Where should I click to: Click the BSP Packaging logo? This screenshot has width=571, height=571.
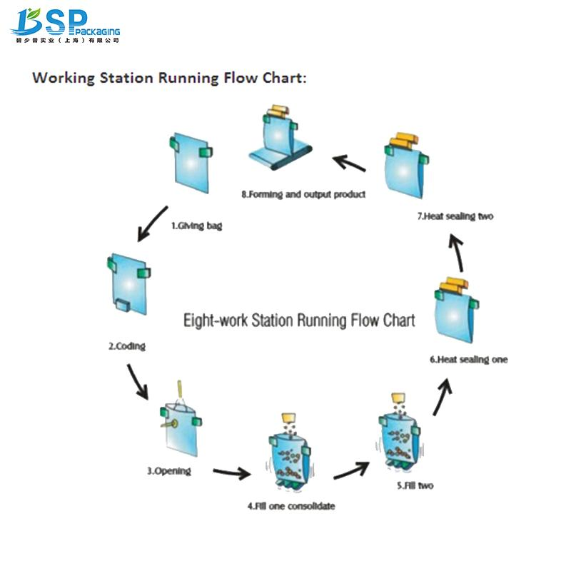pyautogui.click(x=64, y=26)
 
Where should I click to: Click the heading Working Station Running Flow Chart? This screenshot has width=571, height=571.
pyautogui.click(x=169, y=78)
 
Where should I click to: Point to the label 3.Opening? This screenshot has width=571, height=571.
pyautogui.click(x=169, y=471)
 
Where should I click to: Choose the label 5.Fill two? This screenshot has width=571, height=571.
pyautogui.click(x=415, y=485)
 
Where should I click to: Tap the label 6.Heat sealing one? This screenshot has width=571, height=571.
pyautogui.click(x=469, y=360)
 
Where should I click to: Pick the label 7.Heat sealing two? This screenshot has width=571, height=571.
pyautogui.click(x=455, y=216)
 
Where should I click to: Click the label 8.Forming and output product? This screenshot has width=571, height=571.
pyautogui.click(x=303, y=194)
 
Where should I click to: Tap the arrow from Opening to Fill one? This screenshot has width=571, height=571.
pyautogui.click(x=233, y=473)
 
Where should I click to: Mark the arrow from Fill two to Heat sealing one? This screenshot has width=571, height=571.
pyautogui.click(x=442, y=398)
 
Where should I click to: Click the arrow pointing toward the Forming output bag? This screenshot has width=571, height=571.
pyautogui.click(x=348, y=163)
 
